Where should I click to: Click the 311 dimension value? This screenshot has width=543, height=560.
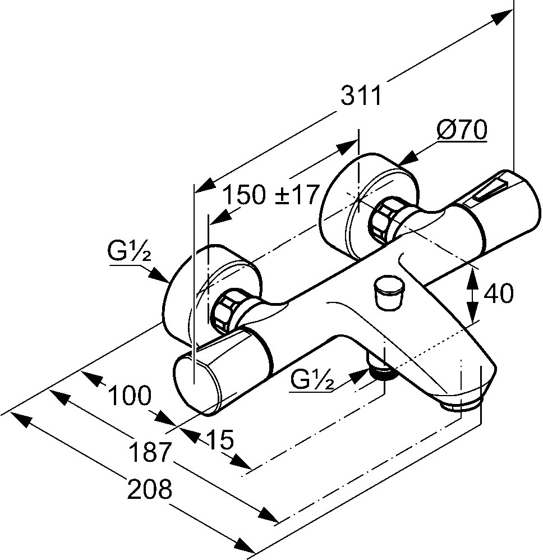pyautogui.click(x=361, y=97)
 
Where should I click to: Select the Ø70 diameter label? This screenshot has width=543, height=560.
pyautogui.click(x=461, y=131)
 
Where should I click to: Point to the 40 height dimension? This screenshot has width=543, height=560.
pyautogui.click(x=498, y=294)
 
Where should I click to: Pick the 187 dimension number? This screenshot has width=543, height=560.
pyautogui.click(x=149, y=452)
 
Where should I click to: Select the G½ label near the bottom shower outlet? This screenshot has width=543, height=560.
pyautogui.click(x=312, y=382)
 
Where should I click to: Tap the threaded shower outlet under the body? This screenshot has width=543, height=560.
pyautogui.click(x=383, y=371)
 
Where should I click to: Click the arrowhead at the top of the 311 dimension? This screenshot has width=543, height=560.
pyautogui.click(x=498, y=18)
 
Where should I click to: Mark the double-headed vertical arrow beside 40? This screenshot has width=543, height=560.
pyautogui.click(x=473, y=294)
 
